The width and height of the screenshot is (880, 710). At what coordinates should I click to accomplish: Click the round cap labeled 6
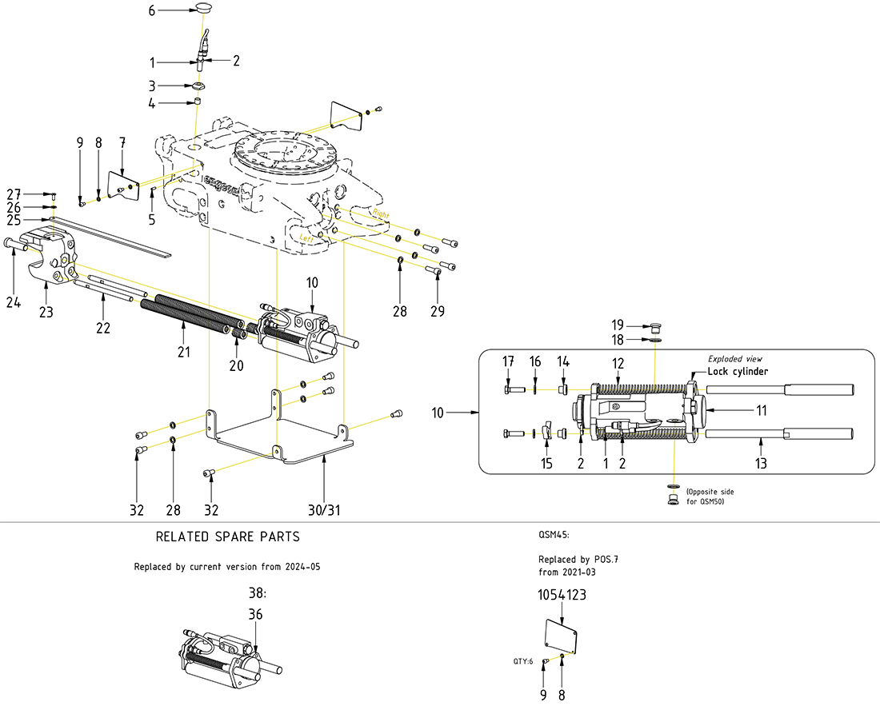[202, 9]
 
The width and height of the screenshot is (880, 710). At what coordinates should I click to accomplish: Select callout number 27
[13, 194]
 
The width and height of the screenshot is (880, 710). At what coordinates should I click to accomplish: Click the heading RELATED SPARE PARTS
[227, 536]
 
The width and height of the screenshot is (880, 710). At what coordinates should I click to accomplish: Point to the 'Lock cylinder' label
[738, 372]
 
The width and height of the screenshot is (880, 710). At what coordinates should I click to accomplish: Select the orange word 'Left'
[307, 237]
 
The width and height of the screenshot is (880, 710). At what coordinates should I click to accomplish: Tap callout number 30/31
[323, 510]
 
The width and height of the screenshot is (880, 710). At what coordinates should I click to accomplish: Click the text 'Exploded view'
[736, 359]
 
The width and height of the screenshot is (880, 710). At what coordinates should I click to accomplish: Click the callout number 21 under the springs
[183, 353]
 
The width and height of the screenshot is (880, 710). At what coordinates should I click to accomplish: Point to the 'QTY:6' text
[522, 661]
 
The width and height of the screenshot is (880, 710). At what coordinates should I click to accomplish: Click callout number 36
[255, 614]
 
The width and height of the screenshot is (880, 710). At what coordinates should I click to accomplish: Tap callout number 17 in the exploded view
[508, 361]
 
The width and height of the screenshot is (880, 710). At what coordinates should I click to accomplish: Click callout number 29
[437, 309]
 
